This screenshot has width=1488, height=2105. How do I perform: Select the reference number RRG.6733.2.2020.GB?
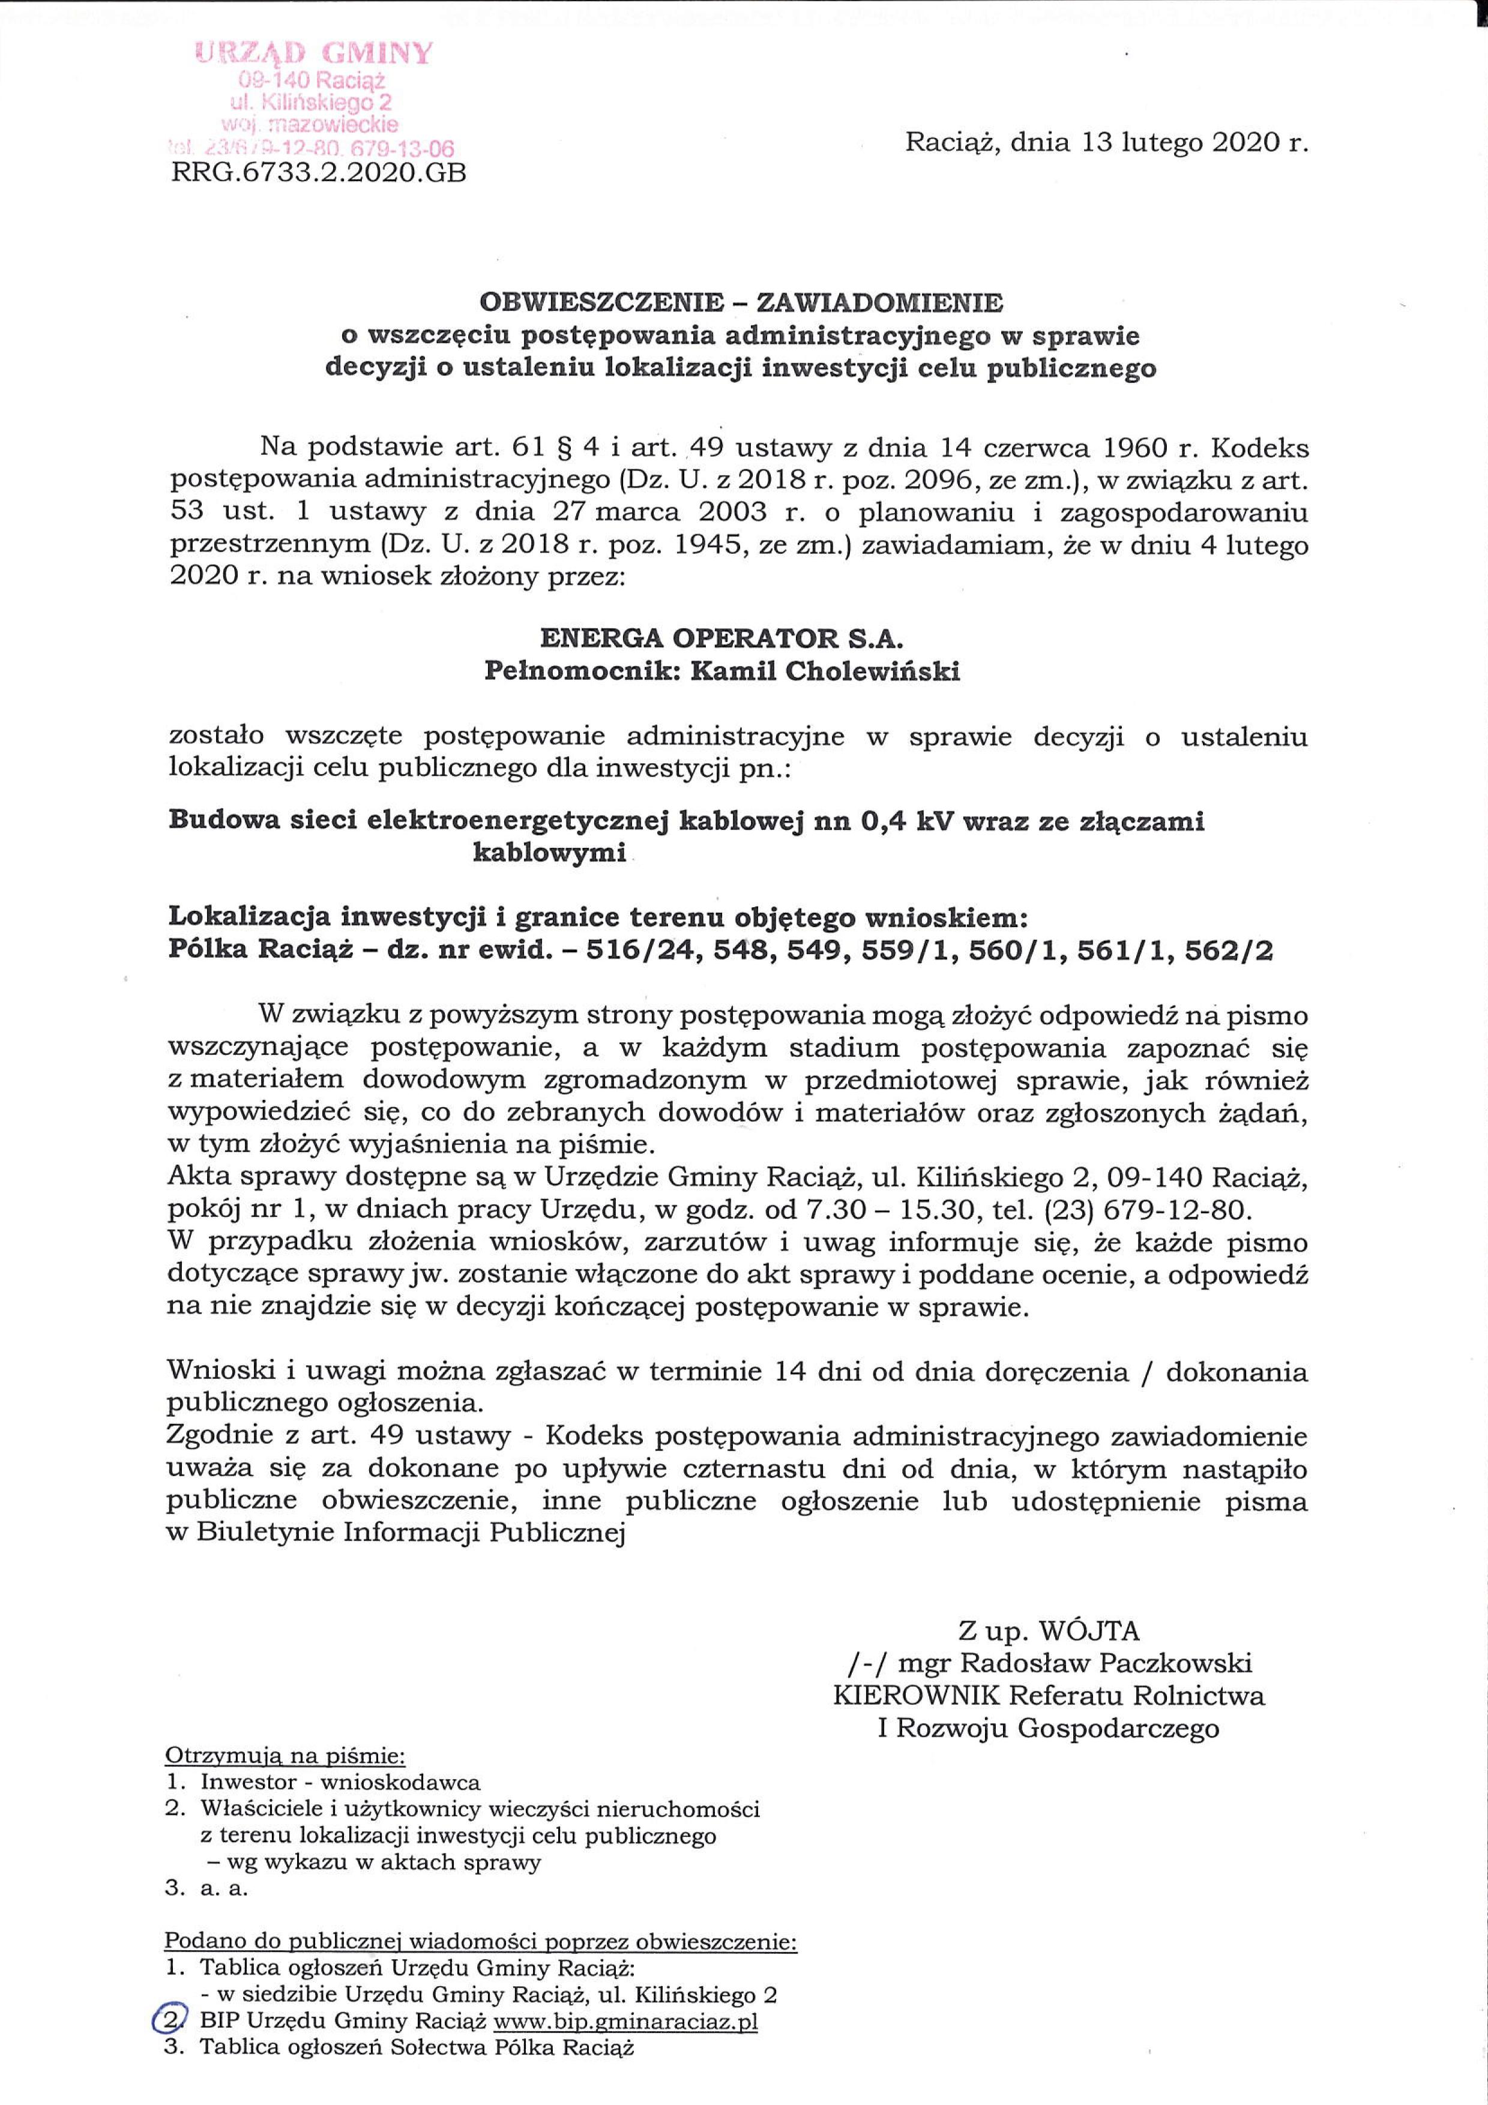(319, 172)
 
